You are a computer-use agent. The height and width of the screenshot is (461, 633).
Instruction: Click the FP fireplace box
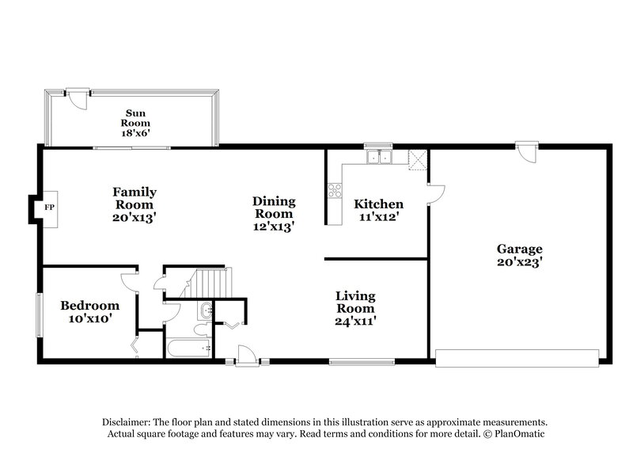pyautogui.click(x=49, y=208)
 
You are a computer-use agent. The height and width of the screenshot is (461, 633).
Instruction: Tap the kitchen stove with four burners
pyautogui.click(x=334, y=190)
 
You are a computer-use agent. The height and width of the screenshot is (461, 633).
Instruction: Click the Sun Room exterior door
pyautogui.click(x=76, y=98)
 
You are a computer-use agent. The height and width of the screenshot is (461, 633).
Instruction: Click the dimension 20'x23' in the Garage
pyautogui.click(x=519, y=262)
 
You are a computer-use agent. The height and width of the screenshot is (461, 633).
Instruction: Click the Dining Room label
pyautogui.click(x=274, y=208)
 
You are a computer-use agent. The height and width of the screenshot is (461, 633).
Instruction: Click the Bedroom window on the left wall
pyautogui.click(x=39, y=317)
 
